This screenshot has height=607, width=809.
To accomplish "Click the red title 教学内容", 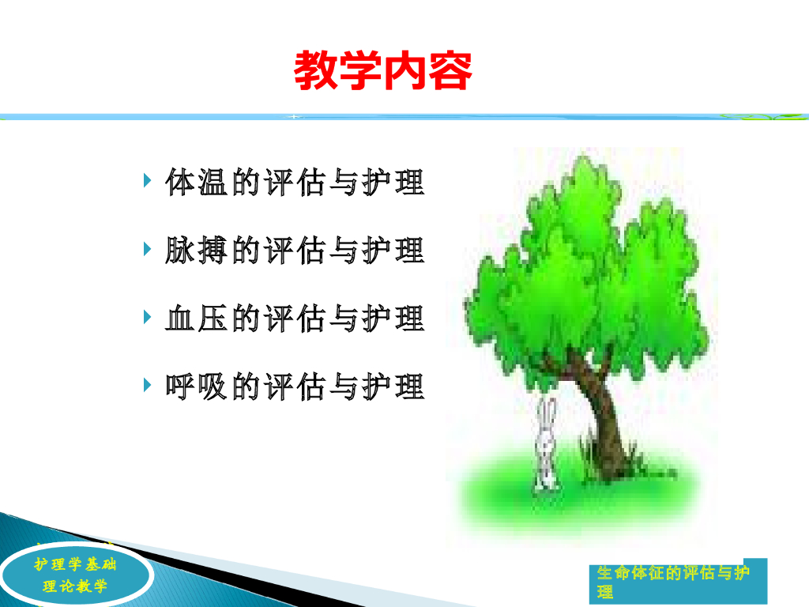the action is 383,70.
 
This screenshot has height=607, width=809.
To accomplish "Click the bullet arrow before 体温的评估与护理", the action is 148,181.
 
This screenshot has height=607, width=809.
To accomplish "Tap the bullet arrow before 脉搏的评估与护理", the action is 148,249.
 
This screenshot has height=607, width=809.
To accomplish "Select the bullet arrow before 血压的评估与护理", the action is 148,317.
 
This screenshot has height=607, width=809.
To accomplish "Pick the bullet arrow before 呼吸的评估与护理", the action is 148,385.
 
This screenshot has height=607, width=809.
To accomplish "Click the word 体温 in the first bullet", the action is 196,182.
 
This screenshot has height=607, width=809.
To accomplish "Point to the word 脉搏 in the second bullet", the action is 196,250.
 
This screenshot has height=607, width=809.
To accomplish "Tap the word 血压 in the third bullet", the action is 196,318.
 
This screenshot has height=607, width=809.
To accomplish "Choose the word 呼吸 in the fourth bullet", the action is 196,386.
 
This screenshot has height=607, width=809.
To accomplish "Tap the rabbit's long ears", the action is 547,416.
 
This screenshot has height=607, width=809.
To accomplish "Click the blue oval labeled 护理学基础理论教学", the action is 76,575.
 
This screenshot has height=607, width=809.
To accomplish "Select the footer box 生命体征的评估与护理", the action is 678,581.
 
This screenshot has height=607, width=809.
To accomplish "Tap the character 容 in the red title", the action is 450,70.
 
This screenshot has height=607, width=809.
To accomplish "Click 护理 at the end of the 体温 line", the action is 393,182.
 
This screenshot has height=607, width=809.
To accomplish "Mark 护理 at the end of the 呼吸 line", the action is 393,386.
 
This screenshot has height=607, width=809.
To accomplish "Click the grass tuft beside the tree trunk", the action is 588,454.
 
